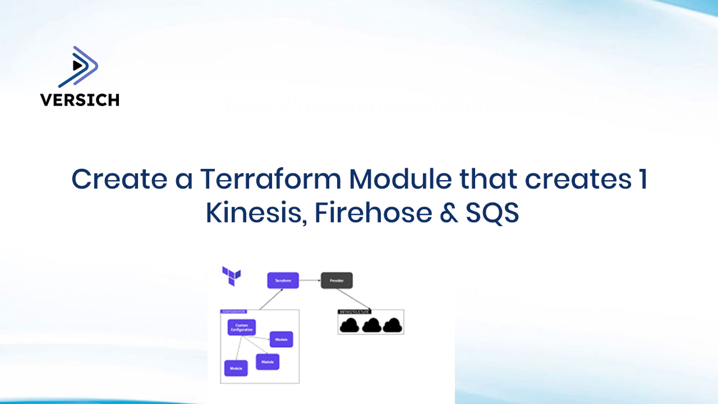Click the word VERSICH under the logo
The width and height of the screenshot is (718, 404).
tap(80, 100)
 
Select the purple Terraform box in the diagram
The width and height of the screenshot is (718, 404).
tap(283, 281)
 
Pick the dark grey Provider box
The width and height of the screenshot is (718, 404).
tap(337, 281)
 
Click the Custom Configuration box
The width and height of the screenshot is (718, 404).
tap(242, 327)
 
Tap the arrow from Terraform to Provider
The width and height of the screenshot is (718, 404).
tap(310, 281)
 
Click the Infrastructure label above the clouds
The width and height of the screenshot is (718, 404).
tap(353, 311)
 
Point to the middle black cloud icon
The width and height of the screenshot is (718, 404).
tap(371, 325)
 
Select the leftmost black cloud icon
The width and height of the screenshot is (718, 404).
tap(350, 325)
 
